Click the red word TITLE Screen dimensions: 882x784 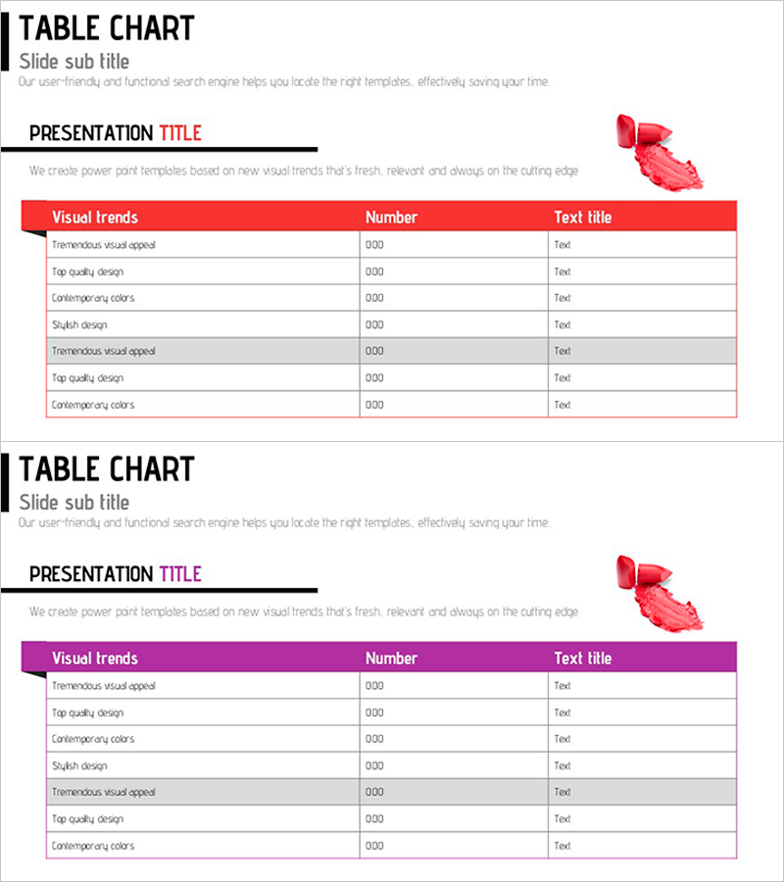(180, 133)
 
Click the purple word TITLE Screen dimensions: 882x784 (180, 574)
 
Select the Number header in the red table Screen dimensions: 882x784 (391, 218)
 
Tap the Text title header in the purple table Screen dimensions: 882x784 (582, 659)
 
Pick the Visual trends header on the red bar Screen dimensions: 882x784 (95, 218)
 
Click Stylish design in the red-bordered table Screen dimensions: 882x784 (79, 324)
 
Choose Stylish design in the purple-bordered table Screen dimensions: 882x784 (79, 765)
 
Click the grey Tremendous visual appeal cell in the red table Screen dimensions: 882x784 (104, 351)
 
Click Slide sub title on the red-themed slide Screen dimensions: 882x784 (74, 61)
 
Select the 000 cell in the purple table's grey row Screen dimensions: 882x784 (374, 792)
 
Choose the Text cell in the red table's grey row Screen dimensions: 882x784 (563, 351)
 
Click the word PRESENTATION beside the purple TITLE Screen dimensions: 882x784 (91, 574)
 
